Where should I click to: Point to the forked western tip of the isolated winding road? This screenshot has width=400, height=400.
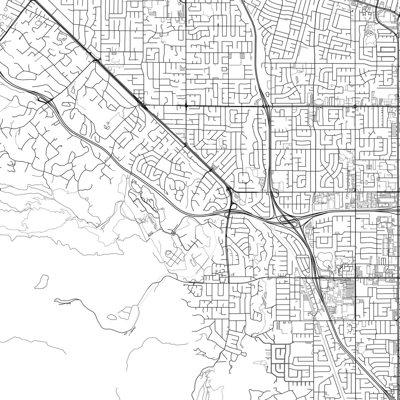point(56,300)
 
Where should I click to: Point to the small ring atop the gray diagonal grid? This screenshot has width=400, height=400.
point(168,252)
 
